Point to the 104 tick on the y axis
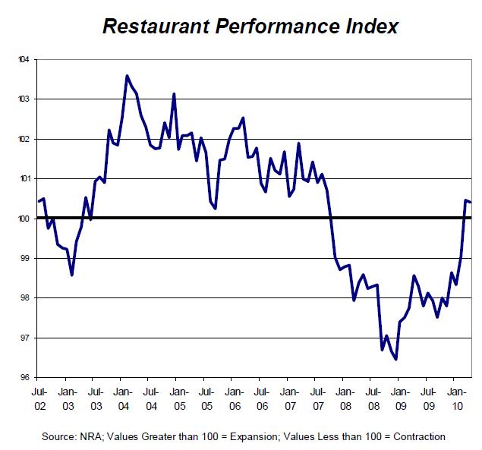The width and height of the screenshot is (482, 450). tap(24, 59)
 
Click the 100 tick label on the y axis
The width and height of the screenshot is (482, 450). tap(24, 219)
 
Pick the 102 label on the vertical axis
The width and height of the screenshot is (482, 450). tap(24, 139)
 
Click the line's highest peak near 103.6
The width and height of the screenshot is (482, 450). tap(127, 75)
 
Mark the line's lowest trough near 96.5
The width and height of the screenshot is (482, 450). tap(396, 359)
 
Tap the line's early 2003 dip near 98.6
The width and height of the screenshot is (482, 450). tap(71, 275)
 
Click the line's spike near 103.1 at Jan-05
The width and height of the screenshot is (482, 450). tap(175, 94)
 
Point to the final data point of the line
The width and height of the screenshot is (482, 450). tap(471, 202)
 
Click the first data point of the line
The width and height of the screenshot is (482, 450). tap(38, 201)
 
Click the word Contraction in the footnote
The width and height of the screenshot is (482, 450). tap(416, 436)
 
